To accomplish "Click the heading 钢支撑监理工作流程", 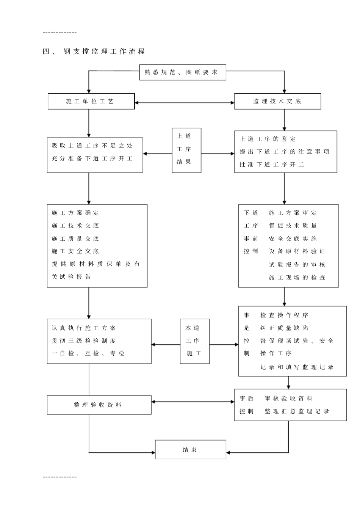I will click(x=104, y=52).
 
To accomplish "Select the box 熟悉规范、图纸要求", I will click(x=182, y=72).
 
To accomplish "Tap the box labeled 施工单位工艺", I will click(x=91, y=101).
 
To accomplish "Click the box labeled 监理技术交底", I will click(x=277, y=101).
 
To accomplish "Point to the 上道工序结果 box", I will click(x=186, y=150).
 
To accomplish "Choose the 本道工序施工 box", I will click(x=194, y=341).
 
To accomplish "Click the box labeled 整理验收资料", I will click(x=99, y=405).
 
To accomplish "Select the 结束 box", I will click(x=190, y=450).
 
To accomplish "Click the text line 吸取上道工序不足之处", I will click(x=92, y=146).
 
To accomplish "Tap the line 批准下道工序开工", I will click(x=272, y=165).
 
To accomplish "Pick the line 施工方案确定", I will click(x=75, y=213).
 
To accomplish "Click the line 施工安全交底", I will click(x=75, y=251).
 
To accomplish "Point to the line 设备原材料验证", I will click(x=297, y=251).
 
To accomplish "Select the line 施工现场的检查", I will click(x=297, y=278).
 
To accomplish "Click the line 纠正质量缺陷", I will click(x=284, y=328).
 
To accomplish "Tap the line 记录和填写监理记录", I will click(x=297, y=367).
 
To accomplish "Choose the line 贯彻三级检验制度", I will click(x=84, y=341).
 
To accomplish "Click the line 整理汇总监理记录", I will click(x=297, y=411).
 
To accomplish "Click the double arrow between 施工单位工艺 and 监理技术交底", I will click(x=185, y=102).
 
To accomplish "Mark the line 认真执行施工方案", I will click(x=84, y=328).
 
